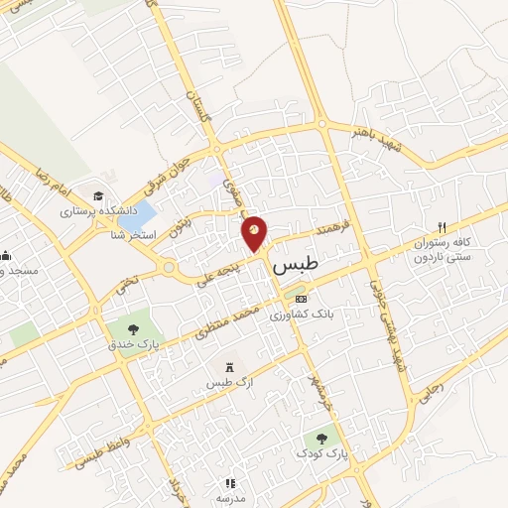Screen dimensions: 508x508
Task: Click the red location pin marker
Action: (255, 233)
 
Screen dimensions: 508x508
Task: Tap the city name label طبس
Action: (294, 269)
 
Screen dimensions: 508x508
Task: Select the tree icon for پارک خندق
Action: (130, 327)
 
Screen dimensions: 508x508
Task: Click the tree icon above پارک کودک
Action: (320, 436)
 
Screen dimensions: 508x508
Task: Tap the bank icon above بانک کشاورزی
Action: (302, 299)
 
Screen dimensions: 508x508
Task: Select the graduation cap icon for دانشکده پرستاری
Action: (98, 194)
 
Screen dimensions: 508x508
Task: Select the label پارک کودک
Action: (320, 453)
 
